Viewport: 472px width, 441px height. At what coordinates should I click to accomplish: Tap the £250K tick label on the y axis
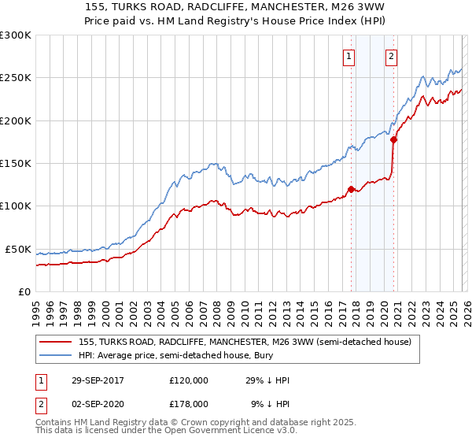(x=15, y=78)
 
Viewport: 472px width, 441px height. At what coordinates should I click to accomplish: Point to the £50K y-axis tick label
(x=17, y=249)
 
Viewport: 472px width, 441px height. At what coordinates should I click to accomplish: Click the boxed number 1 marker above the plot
(x=348, y=55)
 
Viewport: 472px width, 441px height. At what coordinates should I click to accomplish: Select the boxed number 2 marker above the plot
(x=391, y=55)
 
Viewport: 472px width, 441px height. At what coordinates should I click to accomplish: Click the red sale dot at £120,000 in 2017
(x=351, y=189)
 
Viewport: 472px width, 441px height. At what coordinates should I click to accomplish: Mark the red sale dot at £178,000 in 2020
(x=394, y=140)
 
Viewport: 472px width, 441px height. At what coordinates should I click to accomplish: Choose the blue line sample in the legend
(x=57, y=355)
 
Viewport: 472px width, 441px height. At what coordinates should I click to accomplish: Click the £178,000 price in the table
(x=188, y=402)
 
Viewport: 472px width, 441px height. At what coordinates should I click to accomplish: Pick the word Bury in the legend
(x=248, y=355)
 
